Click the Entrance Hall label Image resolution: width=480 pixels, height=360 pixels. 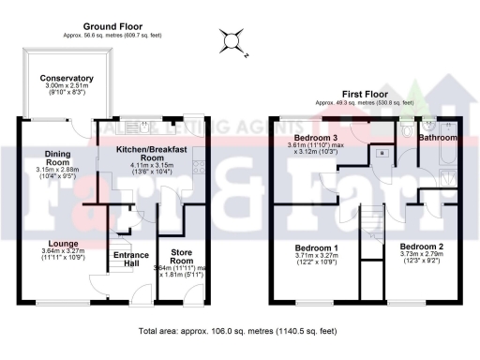130,259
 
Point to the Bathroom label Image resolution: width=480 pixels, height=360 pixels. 437,138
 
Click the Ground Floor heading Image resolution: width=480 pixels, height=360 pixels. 112,25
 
